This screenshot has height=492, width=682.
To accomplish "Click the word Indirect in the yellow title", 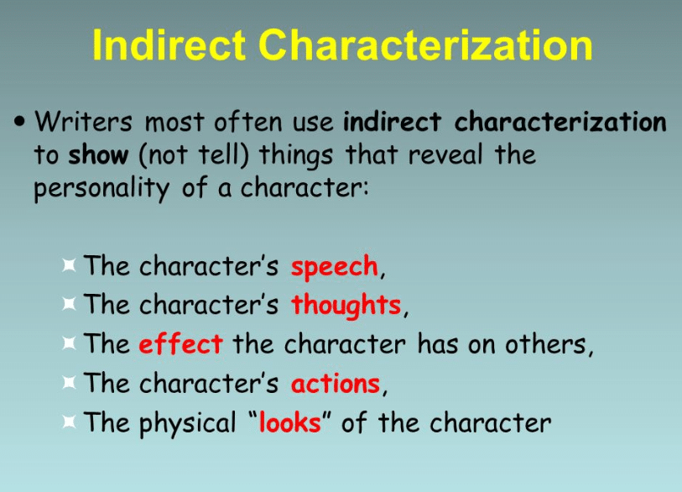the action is click(x=169, y=44).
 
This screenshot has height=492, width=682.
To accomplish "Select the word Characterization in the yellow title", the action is click(x=426, y=44).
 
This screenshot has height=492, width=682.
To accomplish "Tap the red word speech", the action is click(x=335, y=266).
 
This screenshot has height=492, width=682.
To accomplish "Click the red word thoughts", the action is click(x=346, y=306).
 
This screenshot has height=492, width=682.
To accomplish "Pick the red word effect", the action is click(x=181, y=344).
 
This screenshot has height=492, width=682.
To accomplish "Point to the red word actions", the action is click(x=336, y=384).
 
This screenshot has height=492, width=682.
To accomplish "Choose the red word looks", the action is click(x=290, y=422).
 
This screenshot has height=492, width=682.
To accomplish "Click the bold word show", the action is click(x=98, y=155).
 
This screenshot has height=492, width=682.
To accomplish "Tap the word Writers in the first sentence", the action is click(x=83, y=122).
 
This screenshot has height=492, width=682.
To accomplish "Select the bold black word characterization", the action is click(x=560, y=122).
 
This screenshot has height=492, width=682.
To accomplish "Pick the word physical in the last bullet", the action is click(x=187, y=423).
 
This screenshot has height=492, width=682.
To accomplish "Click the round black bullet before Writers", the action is click(x=19, y=122).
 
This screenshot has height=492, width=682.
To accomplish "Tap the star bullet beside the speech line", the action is click(x=69, y=264).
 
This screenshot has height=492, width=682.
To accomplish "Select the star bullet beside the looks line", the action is click(x=69, y=421).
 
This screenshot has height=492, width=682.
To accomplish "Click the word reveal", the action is click(x=445, y=155).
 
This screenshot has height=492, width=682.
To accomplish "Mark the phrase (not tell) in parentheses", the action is click(x=194, y=155).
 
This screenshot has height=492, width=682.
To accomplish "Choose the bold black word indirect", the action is click(x=393, y=122).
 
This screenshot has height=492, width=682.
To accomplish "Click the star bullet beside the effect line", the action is click(x=69, y=343).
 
